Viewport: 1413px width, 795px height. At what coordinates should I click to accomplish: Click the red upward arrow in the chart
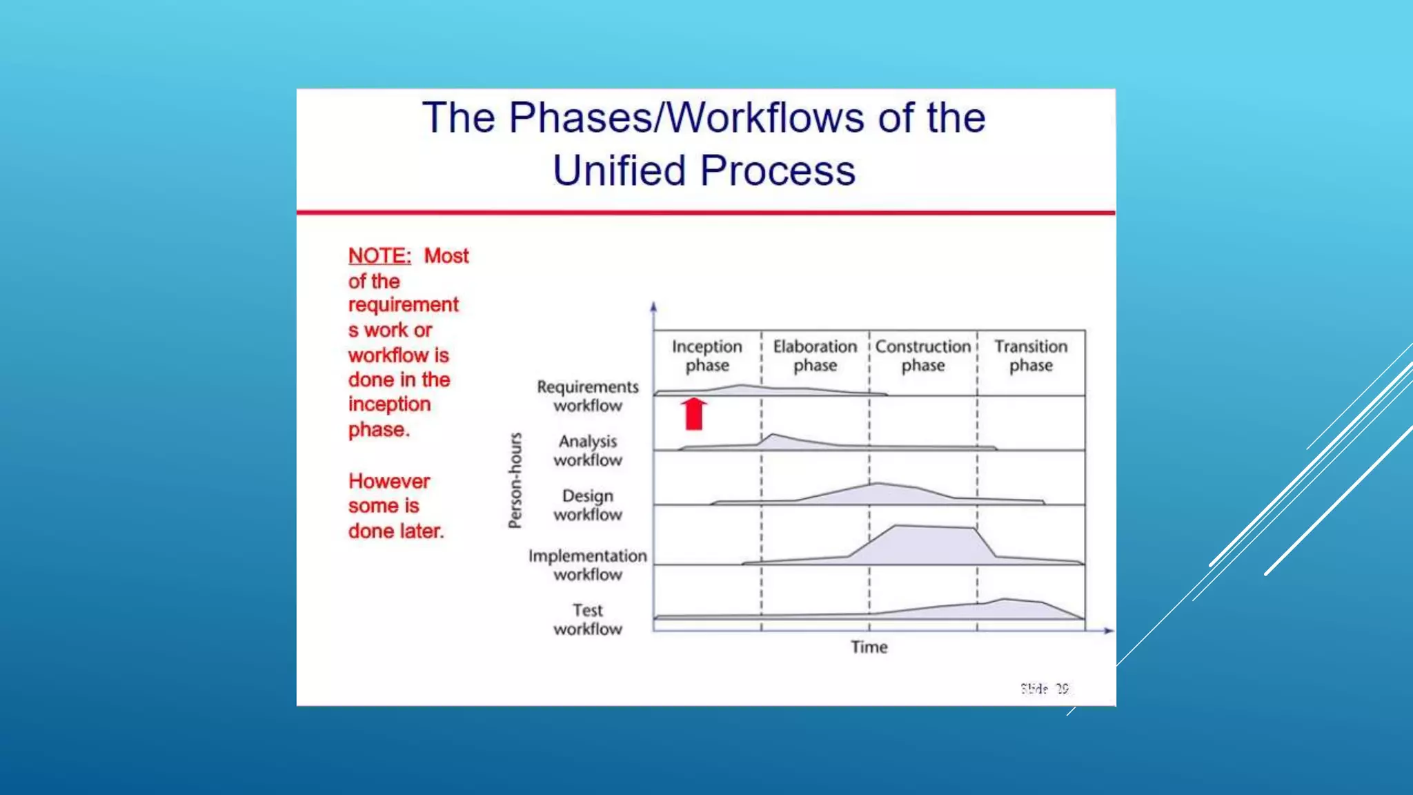click(x=694, y=413)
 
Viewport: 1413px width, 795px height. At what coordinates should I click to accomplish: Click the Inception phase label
click(x=707, y=355)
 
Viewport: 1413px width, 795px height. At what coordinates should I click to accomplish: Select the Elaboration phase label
click(x=815, y=355)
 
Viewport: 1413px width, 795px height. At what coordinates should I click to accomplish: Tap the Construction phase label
click(x=923, y=355)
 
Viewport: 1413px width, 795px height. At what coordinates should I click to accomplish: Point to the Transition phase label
click(x=1031, y=355)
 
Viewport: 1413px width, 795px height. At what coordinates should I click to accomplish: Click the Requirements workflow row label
click(x=588, y=396)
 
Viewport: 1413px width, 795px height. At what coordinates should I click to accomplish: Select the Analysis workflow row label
click(x=588, y=451)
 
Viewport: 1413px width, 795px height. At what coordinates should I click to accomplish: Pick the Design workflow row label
click(x=588, y=505)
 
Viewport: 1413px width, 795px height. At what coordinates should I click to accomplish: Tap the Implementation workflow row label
click(x=588, y=565)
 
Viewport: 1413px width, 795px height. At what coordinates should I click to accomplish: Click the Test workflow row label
click(x=588, y=620)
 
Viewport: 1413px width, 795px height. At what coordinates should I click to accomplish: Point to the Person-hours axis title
click(x=515, y=480)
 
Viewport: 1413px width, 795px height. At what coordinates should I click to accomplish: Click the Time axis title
click(x=869, y=647)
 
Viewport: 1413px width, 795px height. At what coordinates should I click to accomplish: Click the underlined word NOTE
click(x=379, y=256)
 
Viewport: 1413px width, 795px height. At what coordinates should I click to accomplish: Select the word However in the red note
click(x=389, y=481)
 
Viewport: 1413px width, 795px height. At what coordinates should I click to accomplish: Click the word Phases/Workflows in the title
click(x=686, y=117)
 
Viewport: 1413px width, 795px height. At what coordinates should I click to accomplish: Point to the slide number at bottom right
click(x=1045, y=689)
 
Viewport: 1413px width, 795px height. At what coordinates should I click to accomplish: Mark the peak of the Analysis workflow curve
click(x=773, y=435)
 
